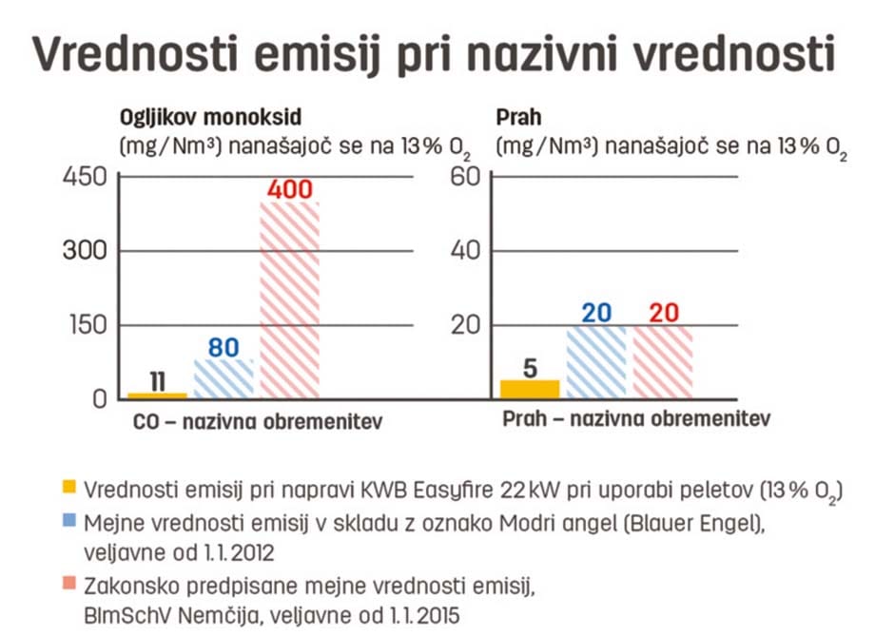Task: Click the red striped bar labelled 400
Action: point(290,300)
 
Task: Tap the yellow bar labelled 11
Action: point(158,395)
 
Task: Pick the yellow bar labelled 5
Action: point(530,389)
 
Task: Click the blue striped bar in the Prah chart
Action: point(596,361)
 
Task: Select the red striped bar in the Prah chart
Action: point(664,361)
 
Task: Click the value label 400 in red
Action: point(290,189)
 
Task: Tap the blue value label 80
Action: point(224,347)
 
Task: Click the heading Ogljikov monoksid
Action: point(210,119)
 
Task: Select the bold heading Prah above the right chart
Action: point(518,119)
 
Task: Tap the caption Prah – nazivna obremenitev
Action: point(636,419)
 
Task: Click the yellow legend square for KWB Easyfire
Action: point(68,489)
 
